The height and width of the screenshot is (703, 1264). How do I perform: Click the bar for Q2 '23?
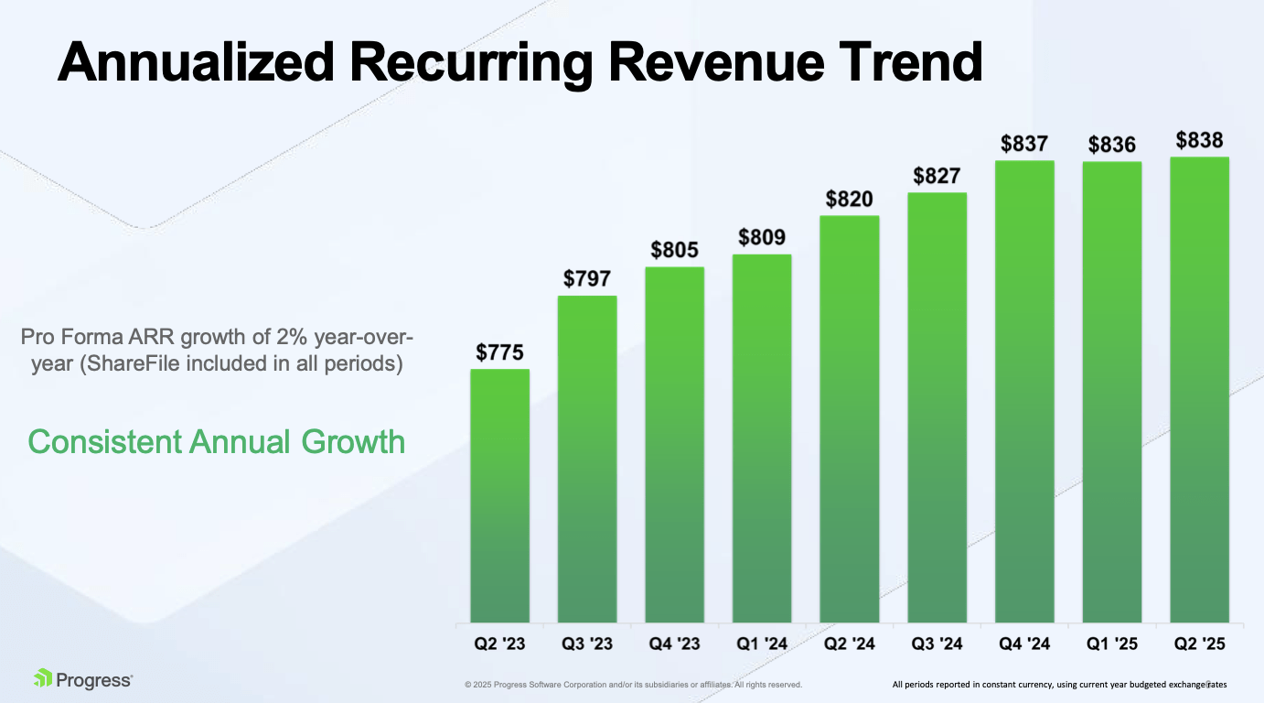[x=499, y=495]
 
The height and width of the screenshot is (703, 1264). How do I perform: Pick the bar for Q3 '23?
[x=587, y=459]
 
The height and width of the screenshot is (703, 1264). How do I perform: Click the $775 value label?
[x=499, y=351]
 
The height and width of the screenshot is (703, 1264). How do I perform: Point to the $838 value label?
[x=1199, y=141]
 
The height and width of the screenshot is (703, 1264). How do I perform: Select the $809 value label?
[x=762, y=238]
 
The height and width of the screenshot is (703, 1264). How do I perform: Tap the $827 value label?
[x=937, y=176]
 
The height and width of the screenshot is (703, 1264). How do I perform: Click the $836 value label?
[x=1111, y=145]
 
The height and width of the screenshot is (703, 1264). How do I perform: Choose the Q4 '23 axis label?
[x=674, y=644]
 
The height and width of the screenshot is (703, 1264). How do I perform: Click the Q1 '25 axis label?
[x=1111, y=644]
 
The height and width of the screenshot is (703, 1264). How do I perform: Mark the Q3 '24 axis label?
[x=937, y=644]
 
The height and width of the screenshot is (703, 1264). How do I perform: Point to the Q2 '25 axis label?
[x=1199, y=644]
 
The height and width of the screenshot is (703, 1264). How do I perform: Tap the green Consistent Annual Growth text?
[x=216, y=442]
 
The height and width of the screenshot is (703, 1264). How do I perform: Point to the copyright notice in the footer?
[x=633, y=685]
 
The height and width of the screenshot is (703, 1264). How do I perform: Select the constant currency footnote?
[x=1059, y=685]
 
